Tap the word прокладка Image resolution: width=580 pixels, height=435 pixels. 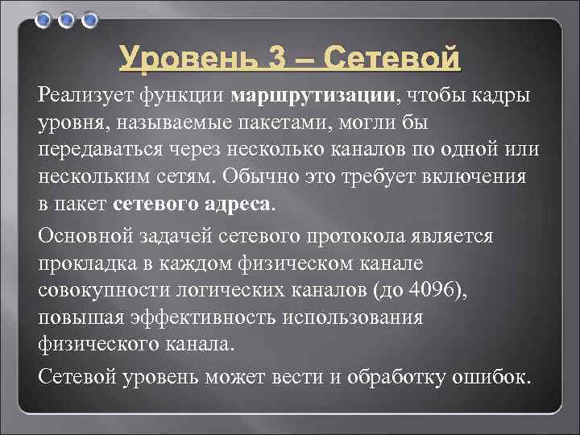[84, 263]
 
